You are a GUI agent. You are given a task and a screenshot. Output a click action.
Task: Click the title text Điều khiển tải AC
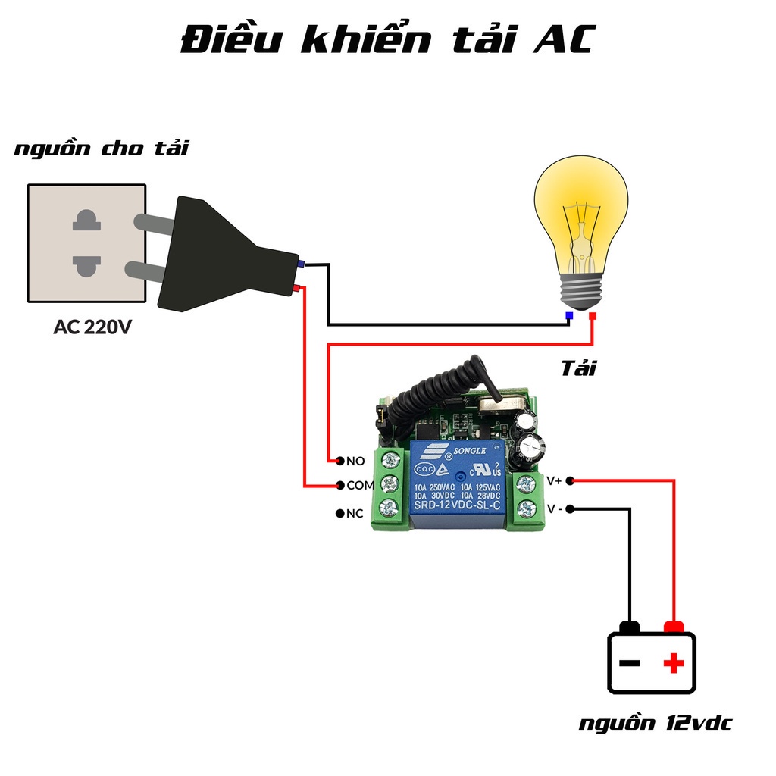click(387, 41)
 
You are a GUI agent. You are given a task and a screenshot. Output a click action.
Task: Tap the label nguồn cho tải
click(102, 149)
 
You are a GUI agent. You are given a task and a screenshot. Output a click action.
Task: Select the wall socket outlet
click(86, 242)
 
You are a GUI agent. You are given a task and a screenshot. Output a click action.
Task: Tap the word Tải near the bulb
click(578, 368)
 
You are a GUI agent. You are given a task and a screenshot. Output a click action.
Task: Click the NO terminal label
click(355, 461)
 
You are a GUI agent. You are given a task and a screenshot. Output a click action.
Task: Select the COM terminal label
click(360, 485)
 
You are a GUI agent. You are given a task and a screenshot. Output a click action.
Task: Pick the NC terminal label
click(355, 514)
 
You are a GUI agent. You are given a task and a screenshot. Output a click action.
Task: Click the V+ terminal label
click(554, 480)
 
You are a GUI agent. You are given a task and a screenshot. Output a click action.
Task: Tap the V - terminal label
click(555, 508)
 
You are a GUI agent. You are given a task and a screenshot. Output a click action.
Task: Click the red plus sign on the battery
click(673, 664)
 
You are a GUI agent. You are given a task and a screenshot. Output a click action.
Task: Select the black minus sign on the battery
click(629, 664)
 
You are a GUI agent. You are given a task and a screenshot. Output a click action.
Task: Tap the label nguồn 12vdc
click(656, 723)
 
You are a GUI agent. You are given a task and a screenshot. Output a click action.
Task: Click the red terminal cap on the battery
click(674, 627)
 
